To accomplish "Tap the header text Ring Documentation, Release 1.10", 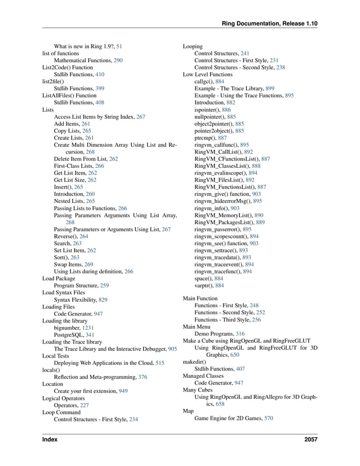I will pos(270,24).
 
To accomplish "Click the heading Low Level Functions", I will pos(208,74).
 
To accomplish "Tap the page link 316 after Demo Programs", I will pos(240,334).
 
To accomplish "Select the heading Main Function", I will pos(200,298).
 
